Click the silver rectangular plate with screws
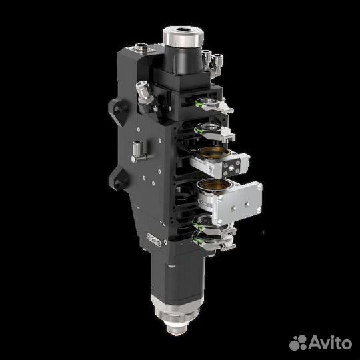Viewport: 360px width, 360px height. click(239, 202)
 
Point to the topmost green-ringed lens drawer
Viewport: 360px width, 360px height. click(213, 103)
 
